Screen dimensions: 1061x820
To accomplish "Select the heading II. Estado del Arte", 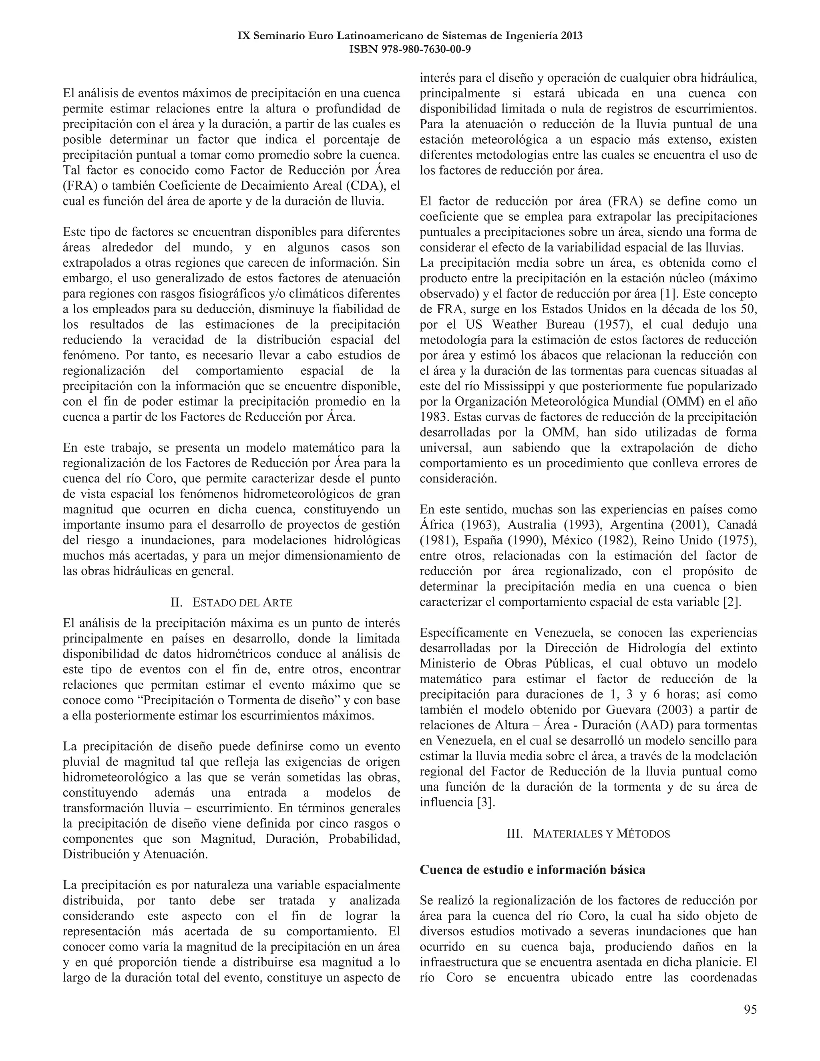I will (231, 603).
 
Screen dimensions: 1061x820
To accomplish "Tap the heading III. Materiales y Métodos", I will (588, 834).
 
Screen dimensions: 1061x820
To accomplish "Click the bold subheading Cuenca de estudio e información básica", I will (532, 869).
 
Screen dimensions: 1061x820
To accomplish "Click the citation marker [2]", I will (732, 602).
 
